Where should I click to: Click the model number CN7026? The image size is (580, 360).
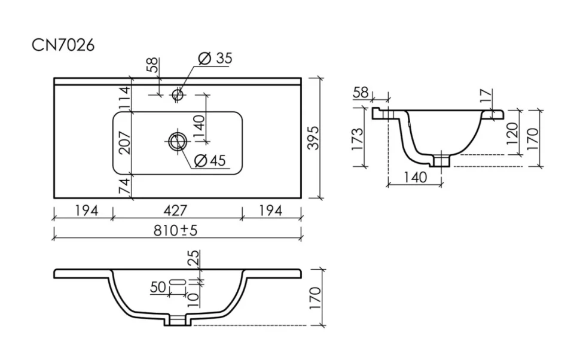[63, 45]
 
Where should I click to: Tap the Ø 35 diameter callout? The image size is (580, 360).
[215, 59]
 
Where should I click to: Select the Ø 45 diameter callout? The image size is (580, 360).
[210, 161]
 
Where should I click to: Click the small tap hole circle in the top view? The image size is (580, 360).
[178, 94]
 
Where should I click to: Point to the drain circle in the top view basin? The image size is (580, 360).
[178, 141]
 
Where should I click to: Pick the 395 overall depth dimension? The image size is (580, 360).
[313, 138]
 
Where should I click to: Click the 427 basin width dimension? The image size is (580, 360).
[175, 210]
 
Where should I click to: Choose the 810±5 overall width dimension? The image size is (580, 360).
[176, 230]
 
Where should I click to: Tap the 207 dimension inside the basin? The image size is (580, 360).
[124, 142]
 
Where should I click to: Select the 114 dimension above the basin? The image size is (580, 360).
[124, 97]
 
